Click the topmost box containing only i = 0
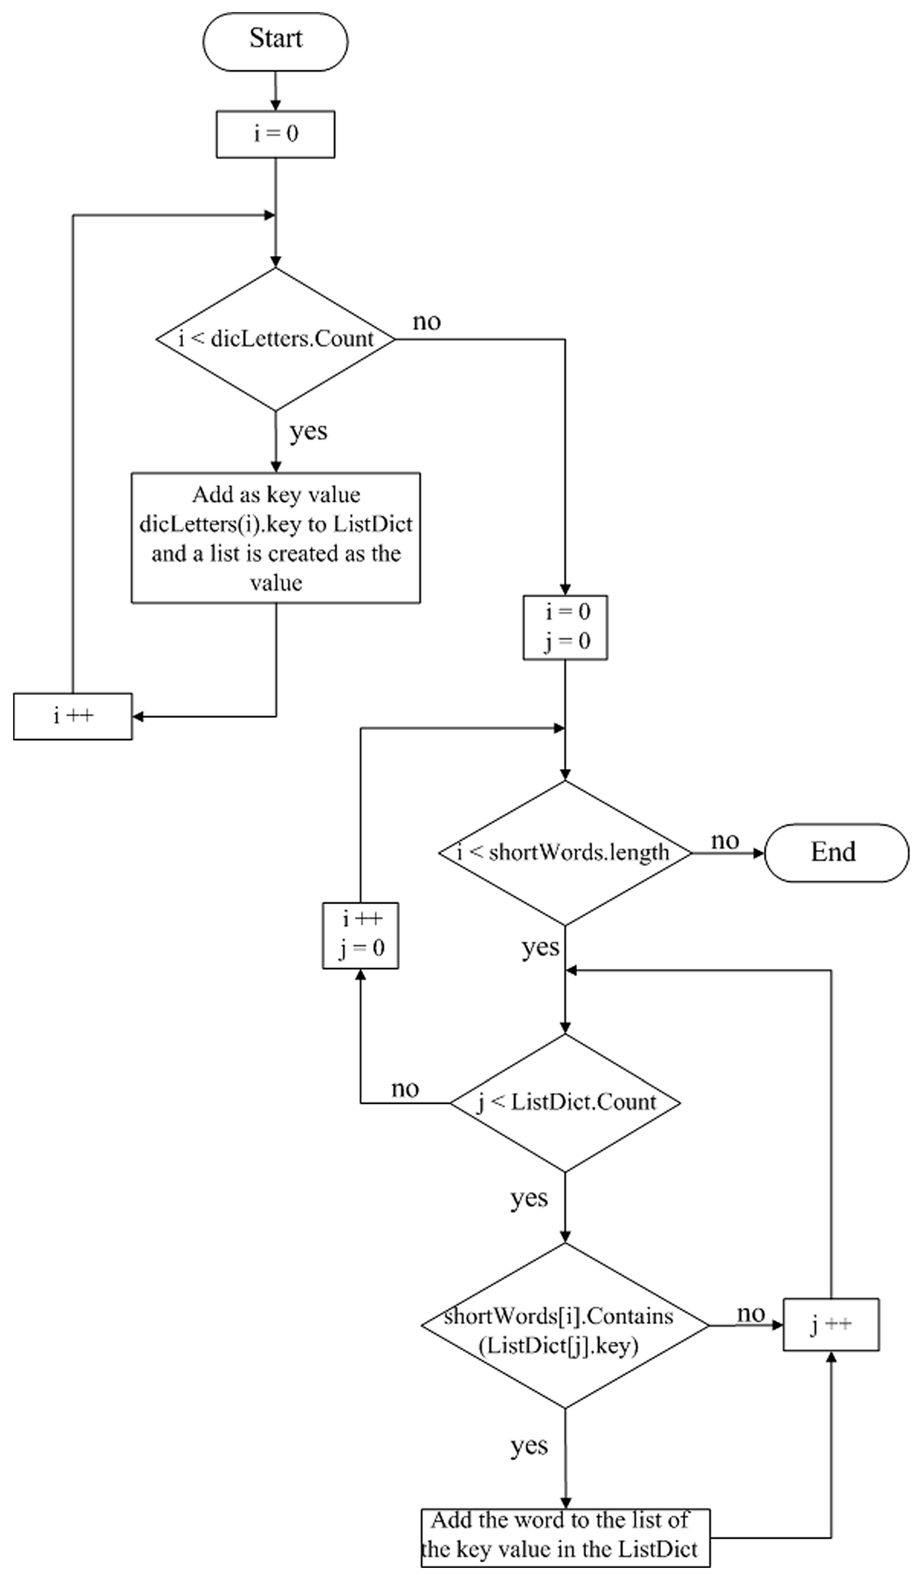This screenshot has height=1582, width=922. point(275,134)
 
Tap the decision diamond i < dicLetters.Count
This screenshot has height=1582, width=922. point(275,339)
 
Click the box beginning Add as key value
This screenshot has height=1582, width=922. point(275,538)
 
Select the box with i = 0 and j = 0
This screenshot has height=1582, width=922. point(565,627)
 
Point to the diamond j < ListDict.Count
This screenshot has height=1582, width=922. point(565,1102)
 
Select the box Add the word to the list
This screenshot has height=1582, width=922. point(565,1538)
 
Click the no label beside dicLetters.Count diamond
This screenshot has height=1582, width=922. point(427,322)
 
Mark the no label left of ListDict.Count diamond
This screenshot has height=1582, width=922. point(405,1088)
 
